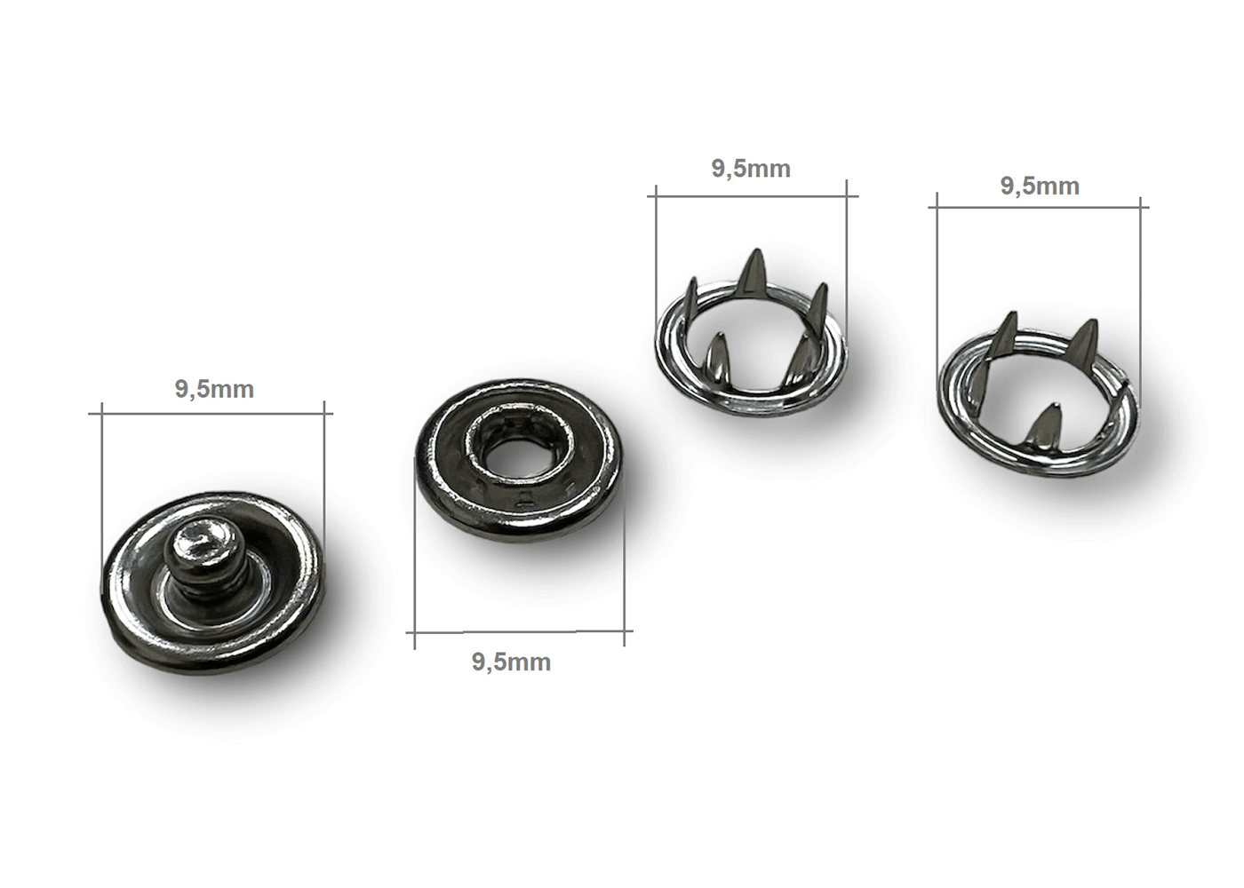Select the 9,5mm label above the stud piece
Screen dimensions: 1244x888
(214, 390)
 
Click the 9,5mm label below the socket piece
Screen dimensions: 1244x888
(512, 662)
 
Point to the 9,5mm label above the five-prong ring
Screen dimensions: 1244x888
(751, 170)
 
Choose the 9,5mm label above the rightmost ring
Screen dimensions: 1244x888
(1040, 186)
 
